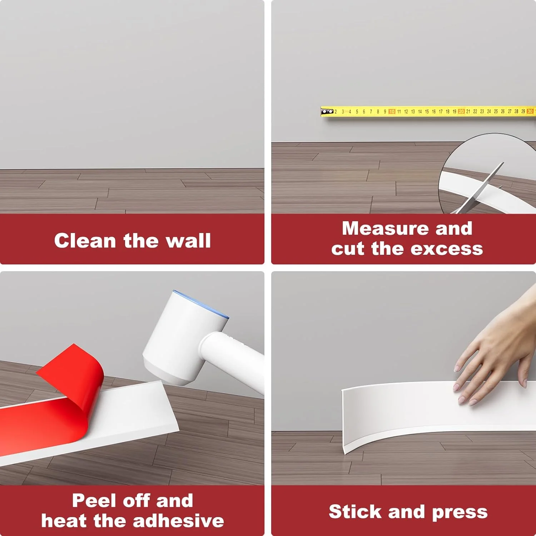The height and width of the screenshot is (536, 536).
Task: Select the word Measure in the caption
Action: click(x=385, y=228)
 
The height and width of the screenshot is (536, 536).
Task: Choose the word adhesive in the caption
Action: click(x=178, y=521)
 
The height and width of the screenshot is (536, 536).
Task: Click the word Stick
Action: click(x=356, y=511)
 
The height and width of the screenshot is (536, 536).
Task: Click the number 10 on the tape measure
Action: click(x=392, y=111)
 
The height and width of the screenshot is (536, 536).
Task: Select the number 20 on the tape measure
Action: click(x=461, y=111)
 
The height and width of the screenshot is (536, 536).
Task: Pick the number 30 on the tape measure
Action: click(x=530, y=111)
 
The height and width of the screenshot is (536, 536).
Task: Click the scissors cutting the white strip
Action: click(x=479, y=189)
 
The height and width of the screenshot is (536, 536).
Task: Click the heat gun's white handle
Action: click(x=232, y=361)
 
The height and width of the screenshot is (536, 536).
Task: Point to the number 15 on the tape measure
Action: click(x=427, y=111)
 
